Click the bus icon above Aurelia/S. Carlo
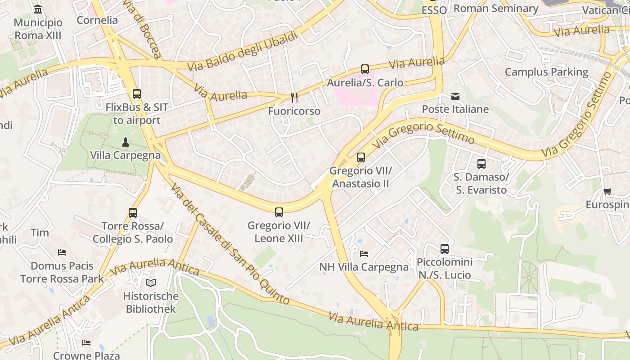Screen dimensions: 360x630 pos(364,69)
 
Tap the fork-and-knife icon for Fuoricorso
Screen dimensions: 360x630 pos(294,98)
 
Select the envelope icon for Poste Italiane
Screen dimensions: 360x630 pos(455,96)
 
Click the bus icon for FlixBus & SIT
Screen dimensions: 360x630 pos(137,94)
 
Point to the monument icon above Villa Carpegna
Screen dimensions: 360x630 pos(126,143)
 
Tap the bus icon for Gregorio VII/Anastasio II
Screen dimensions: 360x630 pos(360,157)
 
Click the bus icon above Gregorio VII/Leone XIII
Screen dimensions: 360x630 pos(279,212)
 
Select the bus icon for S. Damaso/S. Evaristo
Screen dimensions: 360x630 pos(481,164)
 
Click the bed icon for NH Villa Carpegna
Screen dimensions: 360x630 pos(364,254)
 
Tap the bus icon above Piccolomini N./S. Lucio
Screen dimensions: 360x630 pos(444,249)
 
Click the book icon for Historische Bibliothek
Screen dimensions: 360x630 pos(151,283)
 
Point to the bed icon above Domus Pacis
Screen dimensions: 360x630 pos(62,252)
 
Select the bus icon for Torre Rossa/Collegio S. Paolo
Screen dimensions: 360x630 pos(132,213)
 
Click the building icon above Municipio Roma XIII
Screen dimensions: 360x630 pos(38,9)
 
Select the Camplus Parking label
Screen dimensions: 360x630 pos(546,72)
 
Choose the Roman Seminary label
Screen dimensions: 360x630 pos(495,9)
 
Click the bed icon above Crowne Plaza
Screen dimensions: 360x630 pos(86,343)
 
